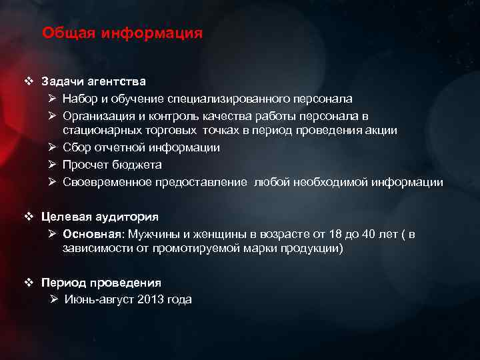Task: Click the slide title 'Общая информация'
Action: click(x=122, y=33)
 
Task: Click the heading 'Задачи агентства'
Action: click(x=93, y=81)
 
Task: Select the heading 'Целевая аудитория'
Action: click(x=100, y=217)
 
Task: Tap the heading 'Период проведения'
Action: click(x=101, y=282)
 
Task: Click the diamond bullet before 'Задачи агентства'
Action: click(x=27, y=81)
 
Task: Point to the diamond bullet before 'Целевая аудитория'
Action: click(x=27, y=217)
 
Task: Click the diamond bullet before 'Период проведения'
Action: click(x=27, y=282)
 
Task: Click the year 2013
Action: click(x=150, y=299)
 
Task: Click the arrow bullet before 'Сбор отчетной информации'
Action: click(x=53, y=147)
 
